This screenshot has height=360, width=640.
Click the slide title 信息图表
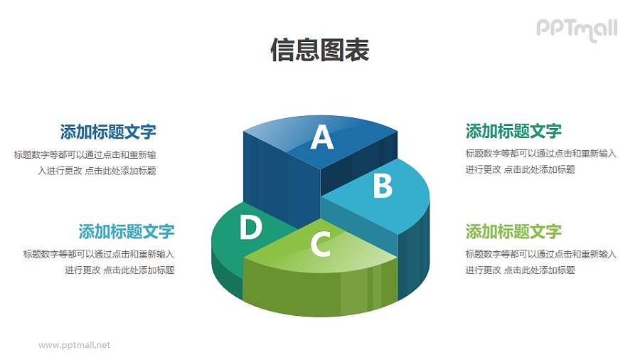coord(319,50)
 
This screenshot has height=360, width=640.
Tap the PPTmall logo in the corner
coord(576,29)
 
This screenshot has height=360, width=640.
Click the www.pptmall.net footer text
coord(75,345)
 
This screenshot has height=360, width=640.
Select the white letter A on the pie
coord(322,137)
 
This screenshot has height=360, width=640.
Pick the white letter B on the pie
coord(383,186)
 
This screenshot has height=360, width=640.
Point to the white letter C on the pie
coord(321,245)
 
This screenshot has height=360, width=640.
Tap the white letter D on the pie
coord(250,228)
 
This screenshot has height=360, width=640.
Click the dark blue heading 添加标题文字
coord(108,132)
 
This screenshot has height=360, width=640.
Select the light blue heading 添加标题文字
coord(127,231)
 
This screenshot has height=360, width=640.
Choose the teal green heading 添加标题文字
coord(513,131)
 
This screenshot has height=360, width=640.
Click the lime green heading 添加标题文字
coord(513,231)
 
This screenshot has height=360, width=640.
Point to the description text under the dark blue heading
coord(85,162)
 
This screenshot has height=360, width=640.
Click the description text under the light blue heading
coord(100,262)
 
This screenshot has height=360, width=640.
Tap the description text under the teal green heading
coord(540,162)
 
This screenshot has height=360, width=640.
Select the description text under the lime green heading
coord(540,262)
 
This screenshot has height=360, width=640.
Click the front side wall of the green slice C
coord(320,288)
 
